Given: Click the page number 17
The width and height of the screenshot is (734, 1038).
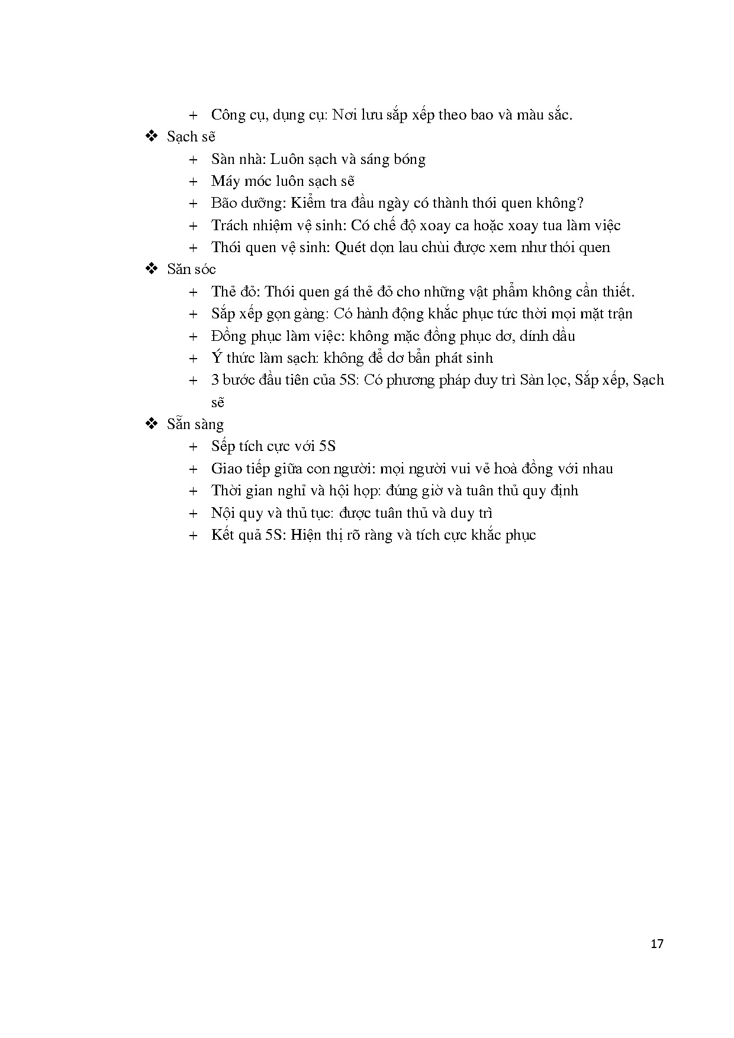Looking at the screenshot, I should pos(656,943).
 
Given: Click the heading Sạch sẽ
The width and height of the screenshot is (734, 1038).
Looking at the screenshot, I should pos(191,137).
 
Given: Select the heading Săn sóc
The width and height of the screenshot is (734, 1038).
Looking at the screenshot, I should pos(191,269).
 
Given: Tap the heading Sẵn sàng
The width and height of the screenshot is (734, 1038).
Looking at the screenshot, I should pos(195,424).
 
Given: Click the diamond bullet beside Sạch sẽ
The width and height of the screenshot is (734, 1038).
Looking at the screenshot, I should pos(152,137).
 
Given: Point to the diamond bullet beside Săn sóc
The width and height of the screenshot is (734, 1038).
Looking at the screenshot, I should pos(152,269).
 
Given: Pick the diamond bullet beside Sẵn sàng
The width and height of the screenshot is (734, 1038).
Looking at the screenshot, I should pos(152,424).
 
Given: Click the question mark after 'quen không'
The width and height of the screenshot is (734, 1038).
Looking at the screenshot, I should pos(580,203).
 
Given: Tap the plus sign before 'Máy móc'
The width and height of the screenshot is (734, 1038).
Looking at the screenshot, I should pos(193,182).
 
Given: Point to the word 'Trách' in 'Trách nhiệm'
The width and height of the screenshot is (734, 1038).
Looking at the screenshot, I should pos(230,225).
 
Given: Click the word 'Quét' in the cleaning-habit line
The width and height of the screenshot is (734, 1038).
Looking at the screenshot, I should pos(349,247).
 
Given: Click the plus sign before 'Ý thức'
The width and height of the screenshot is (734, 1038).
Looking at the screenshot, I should pos(193,359).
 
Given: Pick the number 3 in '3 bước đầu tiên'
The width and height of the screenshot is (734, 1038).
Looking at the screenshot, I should pos(215,380).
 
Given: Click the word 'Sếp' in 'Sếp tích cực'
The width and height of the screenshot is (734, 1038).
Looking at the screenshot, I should pos(224,447).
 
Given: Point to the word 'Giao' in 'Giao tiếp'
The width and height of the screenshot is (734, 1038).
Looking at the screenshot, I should pos(226,469).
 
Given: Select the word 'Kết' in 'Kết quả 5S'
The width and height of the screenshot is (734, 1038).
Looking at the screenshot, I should pos(223,535).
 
